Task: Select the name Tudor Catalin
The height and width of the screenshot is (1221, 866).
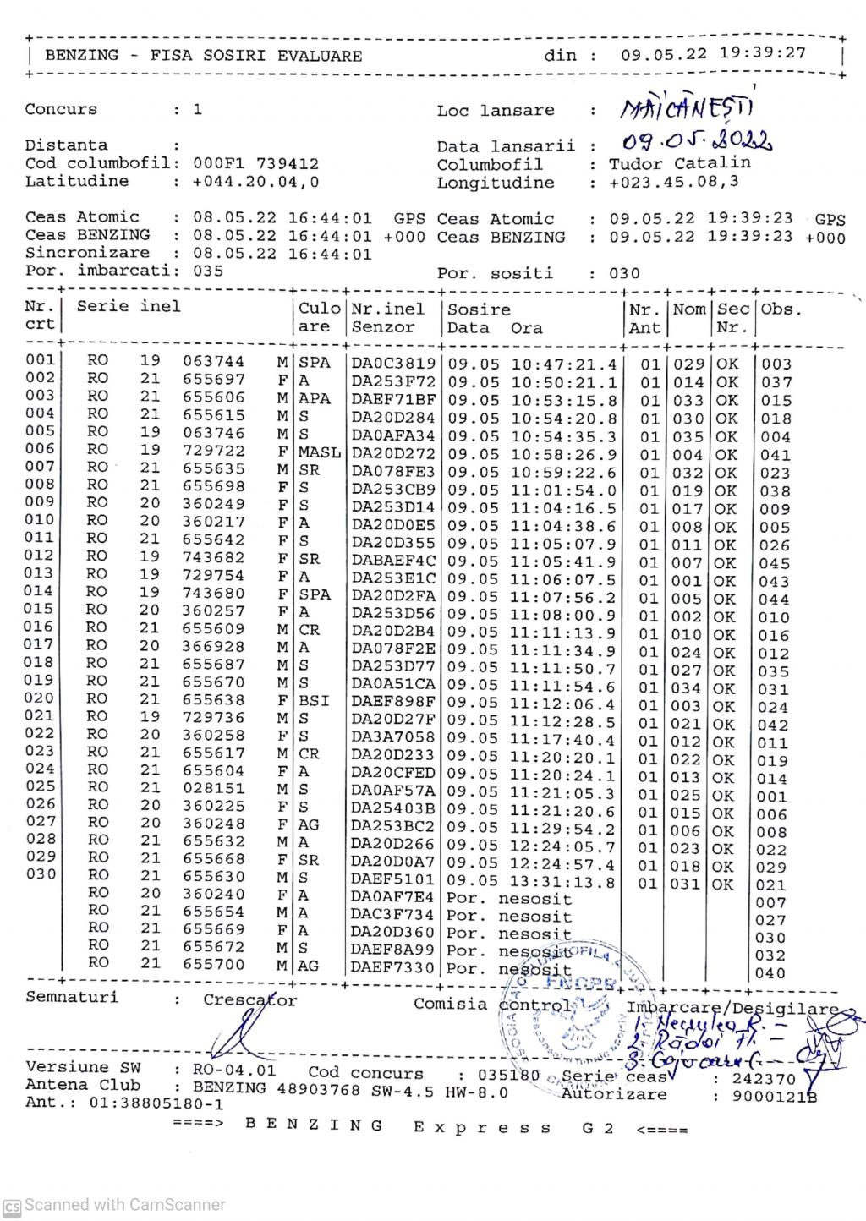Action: click(680, 163)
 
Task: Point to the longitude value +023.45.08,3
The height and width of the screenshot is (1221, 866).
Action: click(674, 182)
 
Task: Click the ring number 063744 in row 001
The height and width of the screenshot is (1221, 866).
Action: click(214, 362)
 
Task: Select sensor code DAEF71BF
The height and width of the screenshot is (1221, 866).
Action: click(393, 399)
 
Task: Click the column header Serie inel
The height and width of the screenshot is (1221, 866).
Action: click(129, 306)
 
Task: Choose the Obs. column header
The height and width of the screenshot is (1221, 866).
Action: click(780, 309)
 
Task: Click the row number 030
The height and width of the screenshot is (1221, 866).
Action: click(40, 873)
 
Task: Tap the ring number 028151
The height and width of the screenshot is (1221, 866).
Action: click(214, 788)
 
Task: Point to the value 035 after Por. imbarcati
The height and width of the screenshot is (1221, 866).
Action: click(207, 271)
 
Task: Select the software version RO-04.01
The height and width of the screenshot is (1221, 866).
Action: click(234, 1070)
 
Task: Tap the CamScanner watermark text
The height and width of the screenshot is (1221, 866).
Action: click(125, 1205)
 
